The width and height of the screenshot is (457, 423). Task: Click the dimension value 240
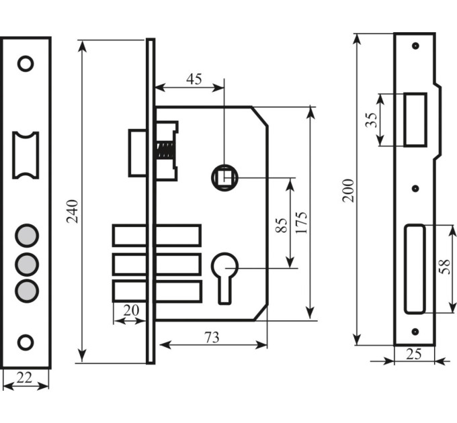[72, 211]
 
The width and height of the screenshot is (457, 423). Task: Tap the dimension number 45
[194, 79]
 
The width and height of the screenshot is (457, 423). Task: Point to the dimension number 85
[282, 225]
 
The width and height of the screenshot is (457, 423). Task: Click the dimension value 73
[212, 338]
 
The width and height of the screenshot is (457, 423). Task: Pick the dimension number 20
[131, 310]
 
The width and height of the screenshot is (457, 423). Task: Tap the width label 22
[24, 377]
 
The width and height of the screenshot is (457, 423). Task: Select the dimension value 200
[348, 191]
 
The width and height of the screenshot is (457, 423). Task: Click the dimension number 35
[371, 120]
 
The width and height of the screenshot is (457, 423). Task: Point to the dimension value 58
[445, 267]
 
